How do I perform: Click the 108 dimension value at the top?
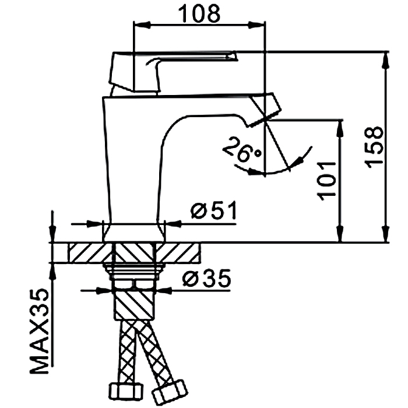[198, 12]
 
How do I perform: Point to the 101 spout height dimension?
[328, 178]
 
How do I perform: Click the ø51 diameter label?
[213, 211]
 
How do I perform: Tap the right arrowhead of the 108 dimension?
[258, 24]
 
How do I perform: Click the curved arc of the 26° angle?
[274, 171]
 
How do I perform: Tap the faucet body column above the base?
[133, 175]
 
